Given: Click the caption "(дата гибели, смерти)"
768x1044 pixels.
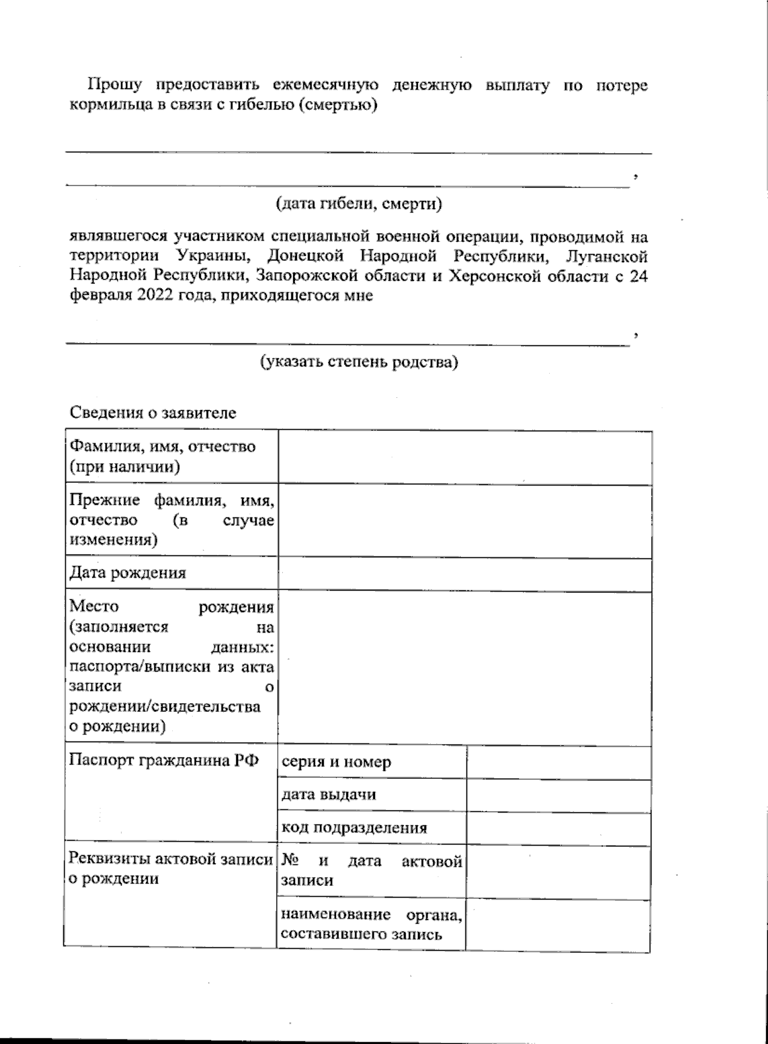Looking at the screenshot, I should click(359, 204).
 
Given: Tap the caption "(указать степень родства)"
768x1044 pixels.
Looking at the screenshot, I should click(359, 362).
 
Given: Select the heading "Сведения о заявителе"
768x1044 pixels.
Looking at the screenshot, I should click(153, 413).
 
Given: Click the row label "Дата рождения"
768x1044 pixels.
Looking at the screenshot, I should click(127, 573).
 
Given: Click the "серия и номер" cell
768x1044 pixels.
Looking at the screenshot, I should click(336, 762).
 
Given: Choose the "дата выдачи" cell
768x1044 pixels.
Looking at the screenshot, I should click(328, 795).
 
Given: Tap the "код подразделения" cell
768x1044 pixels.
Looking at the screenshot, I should click(354, 828).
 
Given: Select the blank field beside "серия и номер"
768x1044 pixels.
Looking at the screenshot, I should click(559, 762).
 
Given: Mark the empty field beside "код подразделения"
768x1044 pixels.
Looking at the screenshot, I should click(559, 828).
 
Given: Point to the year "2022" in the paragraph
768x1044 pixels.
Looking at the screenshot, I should click(153, 296).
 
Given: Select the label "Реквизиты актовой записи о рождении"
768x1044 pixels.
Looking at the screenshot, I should click(170, 869).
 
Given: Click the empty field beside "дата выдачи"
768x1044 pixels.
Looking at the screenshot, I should click(559, 795).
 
